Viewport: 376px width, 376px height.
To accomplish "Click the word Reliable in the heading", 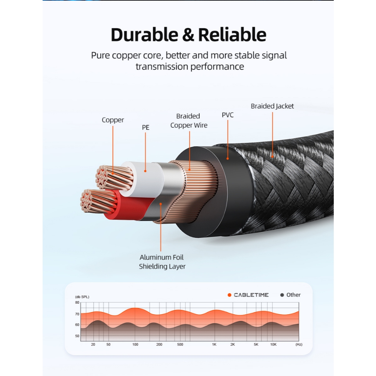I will point(232,35).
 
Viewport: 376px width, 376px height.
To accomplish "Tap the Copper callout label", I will point(113,120).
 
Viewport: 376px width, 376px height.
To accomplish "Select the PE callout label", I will point(146,128).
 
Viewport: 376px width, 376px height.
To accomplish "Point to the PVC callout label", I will point(228,115).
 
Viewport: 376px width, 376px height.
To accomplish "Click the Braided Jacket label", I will point(272,106).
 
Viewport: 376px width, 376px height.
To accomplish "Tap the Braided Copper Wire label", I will point(189,121).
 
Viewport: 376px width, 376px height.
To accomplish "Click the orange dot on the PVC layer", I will point(228,159).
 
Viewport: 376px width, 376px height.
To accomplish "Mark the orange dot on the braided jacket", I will point(272,156).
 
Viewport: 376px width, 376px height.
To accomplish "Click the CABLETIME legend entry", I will point(248,295).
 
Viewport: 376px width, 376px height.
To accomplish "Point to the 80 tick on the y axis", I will point(77,303).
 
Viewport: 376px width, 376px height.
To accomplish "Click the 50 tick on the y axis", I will point(77,336).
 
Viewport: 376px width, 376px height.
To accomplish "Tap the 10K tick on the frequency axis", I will point(273,345).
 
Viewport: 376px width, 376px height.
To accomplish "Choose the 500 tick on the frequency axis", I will point(180,345).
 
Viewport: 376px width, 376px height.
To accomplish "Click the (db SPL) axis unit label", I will point(82,297).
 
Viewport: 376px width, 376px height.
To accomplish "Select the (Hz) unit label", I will point(299,345).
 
